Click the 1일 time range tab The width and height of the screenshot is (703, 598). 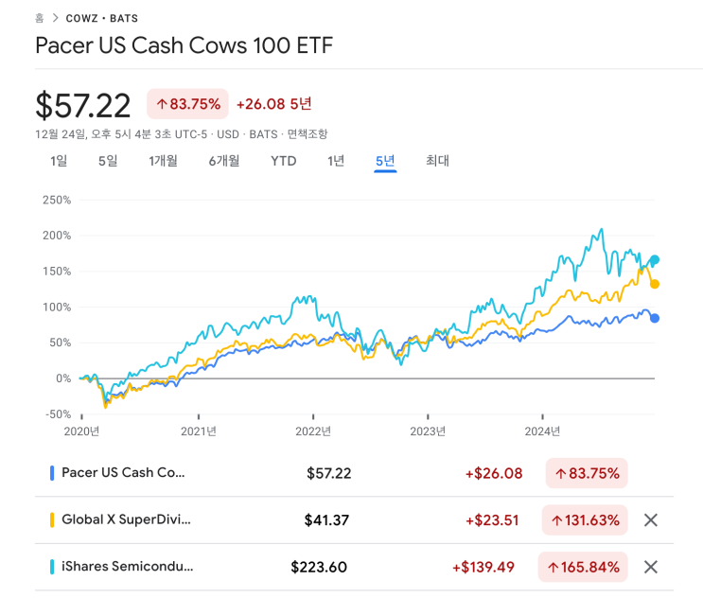(x=59, y=161)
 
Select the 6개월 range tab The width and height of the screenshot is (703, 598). (x=224, y=161)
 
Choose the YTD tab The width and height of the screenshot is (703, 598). (x=283, y=161)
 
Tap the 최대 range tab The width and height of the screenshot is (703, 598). (x=437, y=161)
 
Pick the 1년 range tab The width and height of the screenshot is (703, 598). (x=336, y=161)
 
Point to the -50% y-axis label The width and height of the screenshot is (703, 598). (x=57, y=414)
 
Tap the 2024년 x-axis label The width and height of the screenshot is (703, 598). (x=542, y=431)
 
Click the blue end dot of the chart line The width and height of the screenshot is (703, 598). (x=655, y=318)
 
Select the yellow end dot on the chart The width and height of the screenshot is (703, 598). (x=655, y=284)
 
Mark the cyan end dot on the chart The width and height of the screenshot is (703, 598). (x=655, y=260)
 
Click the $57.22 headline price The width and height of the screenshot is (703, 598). (x=83, y=105)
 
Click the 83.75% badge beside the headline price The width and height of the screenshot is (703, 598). (x=187, y=104)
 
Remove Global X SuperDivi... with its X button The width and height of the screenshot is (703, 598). (x=650, y=519)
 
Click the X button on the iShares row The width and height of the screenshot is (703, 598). (x=650, y=567)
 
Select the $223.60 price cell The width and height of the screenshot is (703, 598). (x=319, y=568)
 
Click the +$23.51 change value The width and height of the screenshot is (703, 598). (x=494, y=520)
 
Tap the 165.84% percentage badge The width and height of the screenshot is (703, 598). (x=583, y=568)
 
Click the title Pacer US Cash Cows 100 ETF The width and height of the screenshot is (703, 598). (x=184, y=45)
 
